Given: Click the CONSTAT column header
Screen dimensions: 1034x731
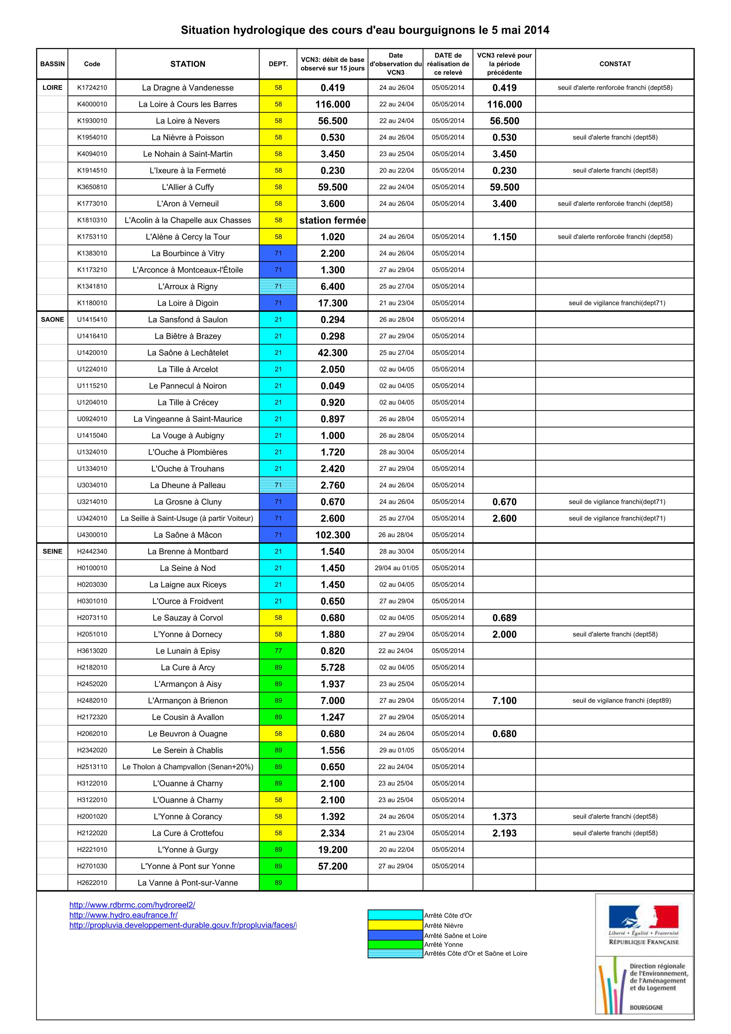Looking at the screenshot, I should coord(615,64).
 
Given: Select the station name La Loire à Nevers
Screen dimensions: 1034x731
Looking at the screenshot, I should coord(188,121).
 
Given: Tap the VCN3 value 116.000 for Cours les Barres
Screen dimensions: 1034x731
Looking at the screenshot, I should coord(333,104).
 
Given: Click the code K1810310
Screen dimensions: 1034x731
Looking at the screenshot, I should coord(92,220).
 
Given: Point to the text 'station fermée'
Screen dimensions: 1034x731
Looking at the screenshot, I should coord(333,220).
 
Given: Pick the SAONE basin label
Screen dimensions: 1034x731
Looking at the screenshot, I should coord(52,319).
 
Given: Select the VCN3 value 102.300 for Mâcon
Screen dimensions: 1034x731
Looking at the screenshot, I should coord(333,535).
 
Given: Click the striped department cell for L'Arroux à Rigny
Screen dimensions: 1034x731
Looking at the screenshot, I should coord(278,286).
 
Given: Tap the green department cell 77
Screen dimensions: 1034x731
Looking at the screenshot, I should coord(278,651).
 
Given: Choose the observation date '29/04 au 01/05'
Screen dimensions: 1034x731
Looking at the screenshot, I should coord(396,568).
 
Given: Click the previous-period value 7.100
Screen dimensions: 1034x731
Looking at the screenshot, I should coord(504,701).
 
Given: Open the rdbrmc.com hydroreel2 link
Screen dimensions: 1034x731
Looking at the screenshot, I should coord(132,905).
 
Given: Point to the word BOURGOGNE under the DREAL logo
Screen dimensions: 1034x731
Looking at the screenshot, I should coord(646,1007).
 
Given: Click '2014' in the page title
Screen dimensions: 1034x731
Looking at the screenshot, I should coord(536,30).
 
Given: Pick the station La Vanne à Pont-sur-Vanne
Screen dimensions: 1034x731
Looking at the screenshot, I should coord(188,883).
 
